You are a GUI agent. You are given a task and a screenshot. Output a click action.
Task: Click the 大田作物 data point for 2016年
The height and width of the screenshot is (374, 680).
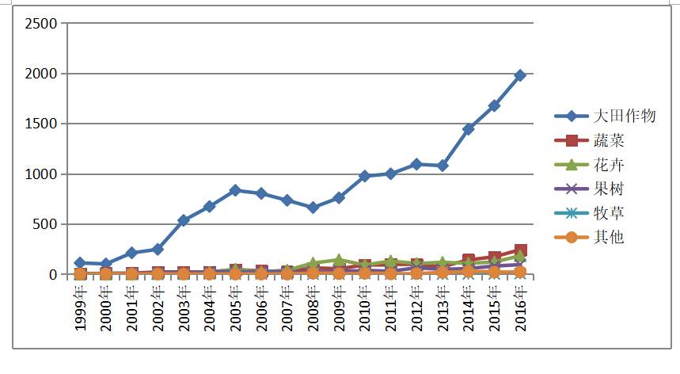pyautogui.click(x=520, y=75)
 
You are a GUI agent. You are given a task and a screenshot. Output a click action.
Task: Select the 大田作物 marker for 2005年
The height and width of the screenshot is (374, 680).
pyautogui.click(x=235, y=190)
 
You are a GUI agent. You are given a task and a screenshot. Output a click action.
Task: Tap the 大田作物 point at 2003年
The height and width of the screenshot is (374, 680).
pyautogui.click(x=184, y=220)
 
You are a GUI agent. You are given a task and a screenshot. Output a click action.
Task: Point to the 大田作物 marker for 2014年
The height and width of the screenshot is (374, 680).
pyautogui.click(x=469, y=128)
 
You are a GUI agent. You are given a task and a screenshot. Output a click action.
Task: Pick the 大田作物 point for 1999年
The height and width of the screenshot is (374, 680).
pyautogui.click(x=80, y=262)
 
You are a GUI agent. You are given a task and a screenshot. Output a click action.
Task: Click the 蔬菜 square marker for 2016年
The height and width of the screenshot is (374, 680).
pyautogui.click(x=520, y=251)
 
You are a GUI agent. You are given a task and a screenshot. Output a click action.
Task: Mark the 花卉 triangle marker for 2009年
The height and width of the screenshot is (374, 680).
pyautogui.click(x=339, y=260)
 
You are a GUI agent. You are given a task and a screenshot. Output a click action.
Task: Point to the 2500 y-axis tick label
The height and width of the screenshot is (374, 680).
pyautogui.click(x=42, y=24)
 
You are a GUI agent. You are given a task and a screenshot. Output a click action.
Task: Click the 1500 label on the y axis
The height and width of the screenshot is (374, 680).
pyautogui.click(x=42, y=124)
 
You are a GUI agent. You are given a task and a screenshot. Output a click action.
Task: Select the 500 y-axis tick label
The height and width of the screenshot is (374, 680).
pyautogui.click(x=46, y=224)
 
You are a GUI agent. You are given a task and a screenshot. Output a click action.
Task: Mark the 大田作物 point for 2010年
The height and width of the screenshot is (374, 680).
pyautogui.click(x=365, y=176)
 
